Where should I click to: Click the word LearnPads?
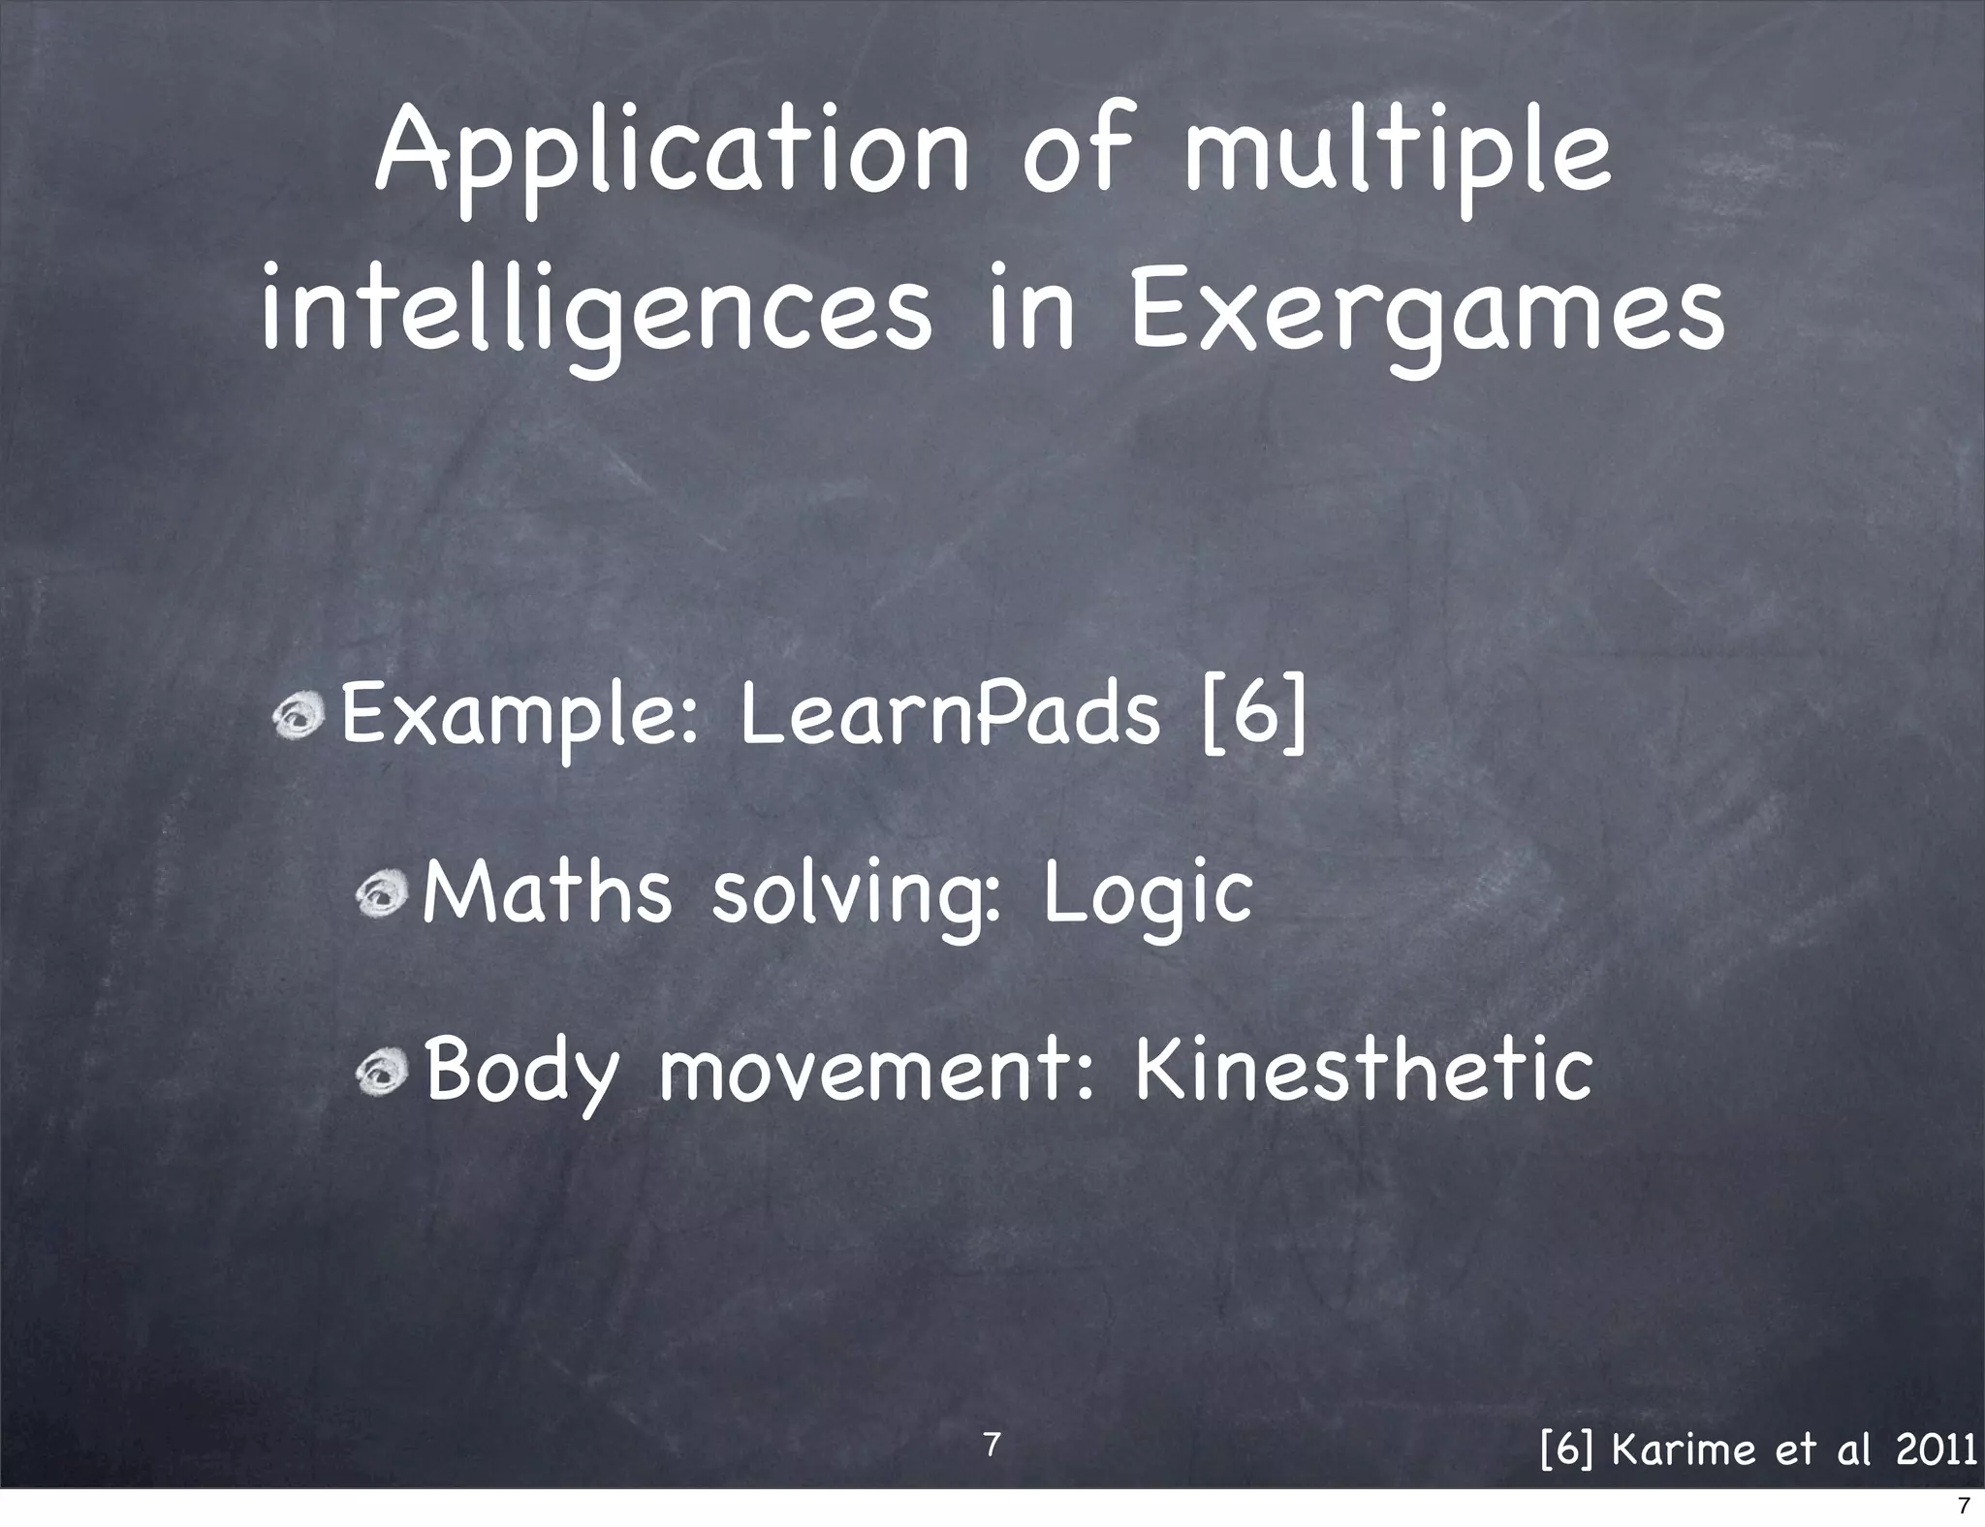[949, 715]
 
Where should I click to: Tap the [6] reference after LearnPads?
[1254, 715]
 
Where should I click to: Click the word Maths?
[547, 893]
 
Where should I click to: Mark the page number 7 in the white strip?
[1964, 1507]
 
